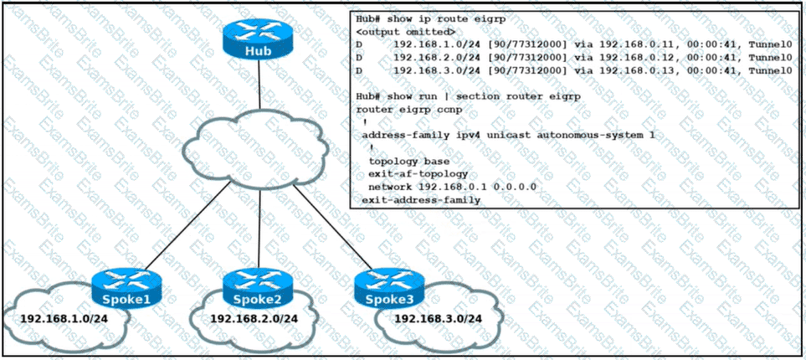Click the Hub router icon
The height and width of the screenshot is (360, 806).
[259, 39]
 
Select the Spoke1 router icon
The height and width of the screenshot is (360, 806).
[127, 286]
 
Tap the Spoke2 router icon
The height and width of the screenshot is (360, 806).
[258, 286]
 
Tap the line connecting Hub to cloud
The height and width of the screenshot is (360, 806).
[259, 88]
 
